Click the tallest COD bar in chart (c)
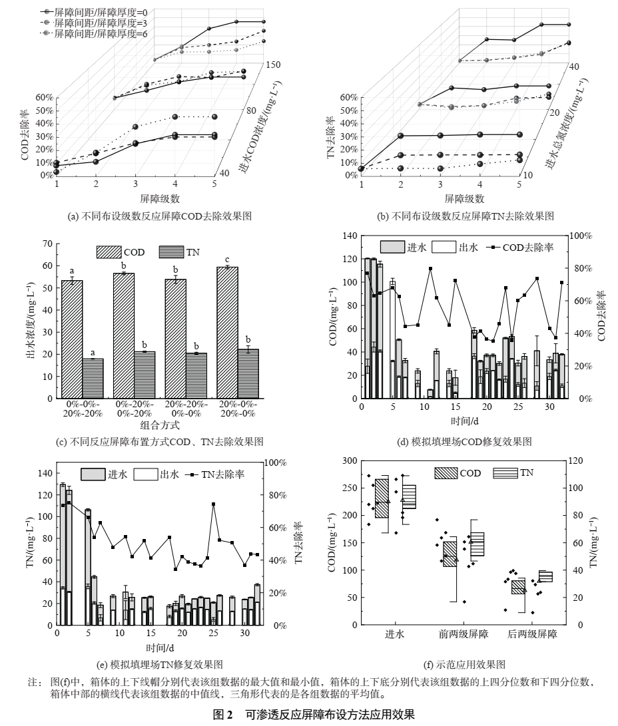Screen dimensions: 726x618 [x=227, y=333]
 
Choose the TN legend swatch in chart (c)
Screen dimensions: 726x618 [x=170, y=252]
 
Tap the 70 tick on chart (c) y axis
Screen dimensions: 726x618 [x=47, y=244]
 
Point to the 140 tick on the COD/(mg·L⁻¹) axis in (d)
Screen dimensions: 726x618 [x=350, y=236]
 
